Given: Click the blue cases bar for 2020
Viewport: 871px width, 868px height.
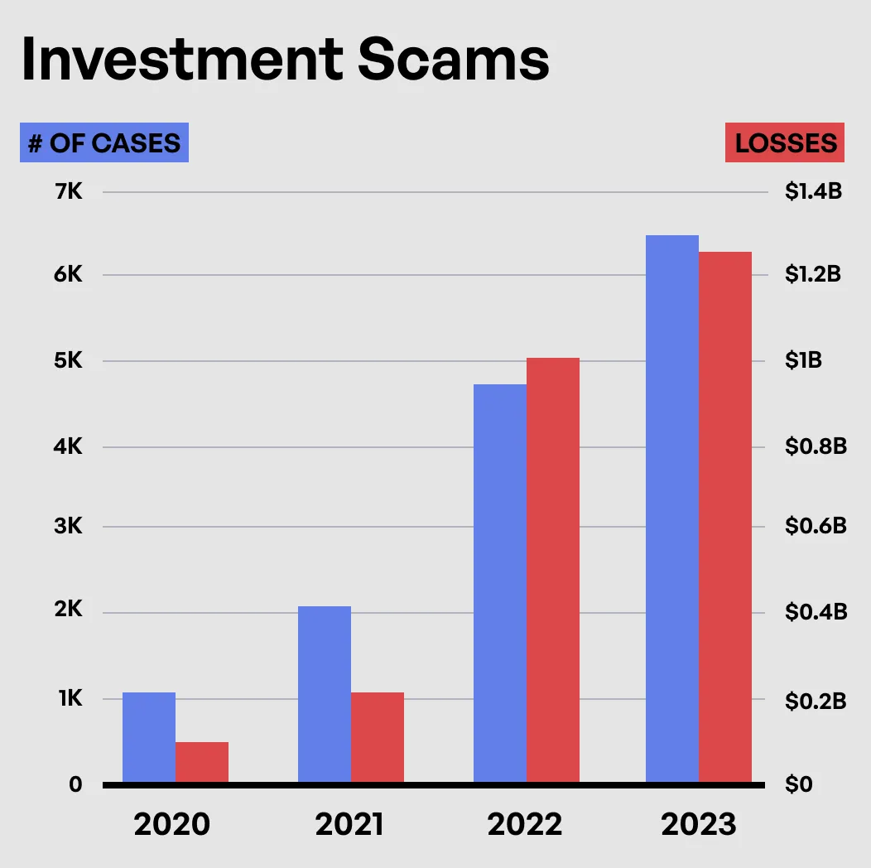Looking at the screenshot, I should pos(149,737).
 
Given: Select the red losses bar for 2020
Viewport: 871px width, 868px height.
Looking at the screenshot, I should pos(202,762).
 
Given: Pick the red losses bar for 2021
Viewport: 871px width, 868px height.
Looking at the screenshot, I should pos(378,737).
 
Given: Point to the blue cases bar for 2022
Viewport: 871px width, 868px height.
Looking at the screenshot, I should pos(500,583).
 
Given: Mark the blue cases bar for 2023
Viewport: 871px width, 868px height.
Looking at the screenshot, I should pos(672,509).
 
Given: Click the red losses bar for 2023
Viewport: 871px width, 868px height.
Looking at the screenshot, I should pos(725,517).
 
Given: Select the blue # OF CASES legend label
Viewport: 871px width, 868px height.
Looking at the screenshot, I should pos(104,142).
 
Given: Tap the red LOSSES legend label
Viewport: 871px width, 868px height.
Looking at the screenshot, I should pos(785,142).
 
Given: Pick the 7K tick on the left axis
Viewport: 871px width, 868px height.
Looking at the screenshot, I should pos(68,192).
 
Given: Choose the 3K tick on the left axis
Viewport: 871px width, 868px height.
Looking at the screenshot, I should pos(68,526).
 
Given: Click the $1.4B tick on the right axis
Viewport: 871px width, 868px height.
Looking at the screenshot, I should pos(813,192).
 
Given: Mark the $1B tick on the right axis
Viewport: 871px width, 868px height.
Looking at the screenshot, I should pos(803,361).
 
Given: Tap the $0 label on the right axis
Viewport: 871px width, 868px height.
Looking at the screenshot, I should pos(799,784).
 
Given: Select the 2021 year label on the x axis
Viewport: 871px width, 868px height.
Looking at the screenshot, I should pos(349,825).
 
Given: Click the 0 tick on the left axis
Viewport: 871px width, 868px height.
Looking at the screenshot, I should pos(75,784).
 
